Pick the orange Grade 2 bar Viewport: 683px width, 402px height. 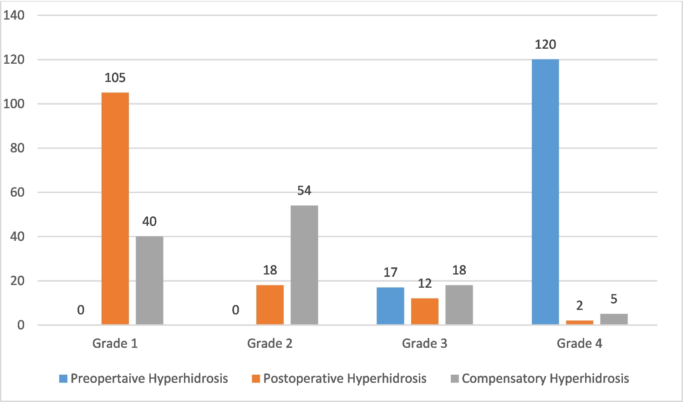pos(270,305)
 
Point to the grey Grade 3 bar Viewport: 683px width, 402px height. pos(459,305)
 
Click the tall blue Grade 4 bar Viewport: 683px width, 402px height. pos(545,192)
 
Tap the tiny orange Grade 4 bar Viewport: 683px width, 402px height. pos(580,322)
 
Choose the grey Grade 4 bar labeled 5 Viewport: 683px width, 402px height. pos(614,319)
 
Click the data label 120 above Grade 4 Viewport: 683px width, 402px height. pos(545,45)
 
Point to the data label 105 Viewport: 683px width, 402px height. pos(115,78)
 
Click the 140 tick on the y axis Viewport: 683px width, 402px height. pos(14,15)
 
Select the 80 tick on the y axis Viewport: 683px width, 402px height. pos(17,148)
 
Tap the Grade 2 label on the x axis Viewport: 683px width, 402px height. pos(270,343)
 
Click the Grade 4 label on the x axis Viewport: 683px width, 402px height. pos(579,343)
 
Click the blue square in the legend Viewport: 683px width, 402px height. pos(63,379)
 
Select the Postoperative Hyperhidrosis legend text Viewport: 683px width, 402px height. pos(345,379)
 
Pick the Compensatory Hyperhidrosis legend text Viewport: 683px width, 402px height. pos(545,379)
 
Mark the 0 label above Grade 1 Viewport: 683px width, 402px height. pos(81,310)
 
